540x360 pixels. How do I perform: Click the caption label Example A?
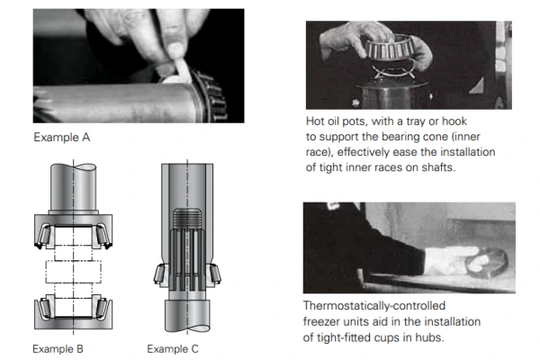61,138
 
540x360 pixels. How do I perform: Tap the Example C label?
171,348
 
